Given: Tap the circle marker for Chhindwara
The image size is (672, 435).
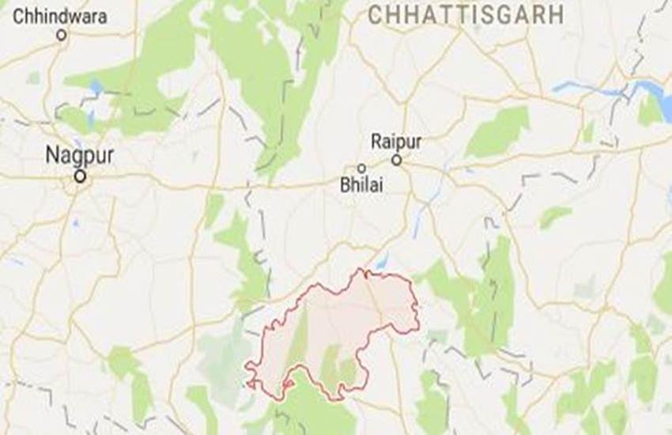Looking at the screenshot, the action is click(62, 35).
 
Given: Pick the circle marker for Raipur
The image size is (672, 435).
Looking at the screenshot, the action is click(397, 161).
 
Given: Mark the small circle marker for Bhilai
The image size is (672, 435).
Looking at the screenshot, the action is click(361, 168).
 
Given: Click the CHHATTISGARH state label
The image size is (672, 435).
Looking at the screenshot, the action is click(466, 13).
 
